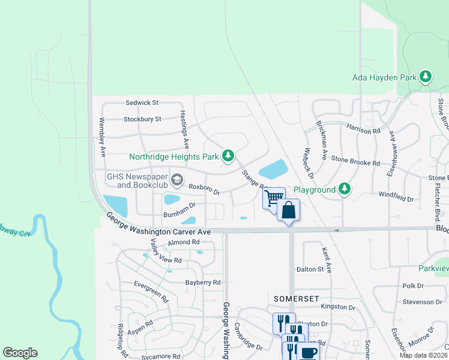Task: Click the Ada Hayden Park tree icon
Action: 426,76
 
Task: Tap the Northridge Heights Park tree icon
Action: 228,157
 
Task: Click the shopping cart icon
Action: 274,197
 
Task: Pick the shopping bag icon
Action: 288,210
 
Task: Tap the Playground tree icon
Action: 344,189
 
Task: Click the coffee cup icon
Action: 309,353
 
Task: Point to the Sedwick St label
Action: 142,103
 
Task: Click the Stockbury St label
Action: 142,119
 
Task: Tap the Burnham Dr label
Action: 180,209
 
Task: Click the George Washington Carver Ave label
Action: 158,224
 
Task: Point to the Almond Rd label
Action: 184,242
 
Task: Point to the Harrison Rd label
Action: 364,128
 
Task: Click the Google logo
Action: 20,353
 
